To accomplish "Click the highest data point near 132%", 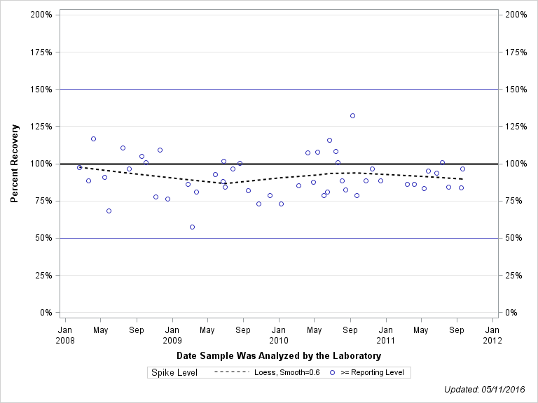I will (352, 115).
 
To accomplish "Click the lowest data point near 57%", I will (192, 227).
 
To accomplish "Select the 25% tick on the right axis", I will (513, 276).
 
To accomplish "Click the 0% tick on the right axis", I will (511, 313).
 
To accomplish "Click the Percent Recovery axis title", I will (14, 164).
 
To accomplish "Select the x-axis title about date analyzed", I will (279, 356).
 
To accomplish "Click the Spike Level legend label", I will (174, 372).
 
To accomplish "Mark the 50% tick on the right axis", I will (513, 239).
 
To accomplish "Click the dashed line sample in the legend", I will (231, 372).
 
